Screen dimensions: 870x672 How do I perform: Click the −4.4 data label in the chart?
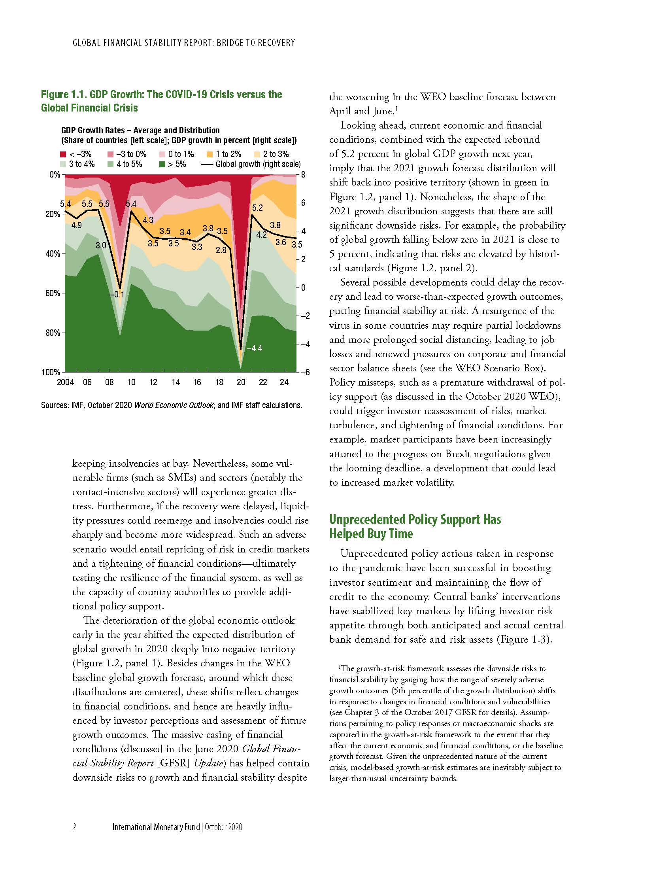pyautogui.click(x=254, y=348)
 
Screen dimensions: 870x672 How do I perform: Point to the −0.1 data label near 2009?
pyautogui.click(x=117, y=294)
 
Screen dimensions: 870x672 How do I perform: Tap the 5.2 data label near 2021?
pyautogui.click(x=258, y=208)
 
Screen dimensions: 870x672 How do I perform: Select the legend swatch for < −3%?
pyautogui.click(x=63, y=155)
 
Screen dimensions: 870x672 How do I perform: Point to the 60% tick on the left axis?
pyautogui.click(x=52, y=293)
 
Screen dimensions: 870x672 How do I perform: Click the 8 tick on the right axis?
pyautogui.click(x=303, y=174)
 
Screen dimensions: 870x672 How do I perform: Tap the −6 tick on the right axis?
pyautogui.click(x=305, y=372)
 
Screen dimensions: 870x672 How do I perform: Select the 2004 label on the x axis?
pyautogui.click(x=65, y=382)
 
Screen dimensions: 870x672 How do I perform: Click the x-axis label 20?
pyautogui.click(x=241, y=382)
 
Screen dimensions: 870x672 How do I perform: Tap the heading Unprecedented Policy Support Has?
pyautogui.click(x=414, y=520)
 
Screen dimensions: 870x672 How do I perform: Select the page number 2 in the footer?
pyautogui.click(x=74, y=827)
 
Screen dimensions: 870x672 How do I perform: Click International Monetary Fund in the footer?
pyautogui.click(x=156, y=827)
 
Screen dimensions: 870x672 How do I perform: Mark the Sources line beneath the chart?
pyautogui.click(x=171, y=405)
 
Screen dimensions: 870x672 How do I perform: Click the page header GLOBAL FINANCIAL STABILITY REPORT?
pyautogui.click(x=143, y=42)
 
